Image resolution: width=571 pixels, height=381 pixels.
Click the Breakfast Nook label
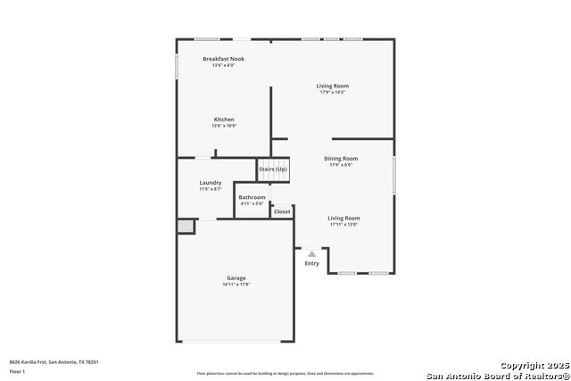click(223, 59)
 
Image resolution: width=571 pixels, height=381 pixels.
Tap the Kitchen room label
click(223, 120)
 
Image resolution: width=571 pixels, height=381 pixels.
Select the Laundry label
click(211, 183)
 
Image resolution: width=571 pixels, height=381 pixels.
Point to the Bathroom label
click(252, 197)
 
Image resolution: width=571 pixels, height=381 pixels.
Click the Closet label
click(282, 211)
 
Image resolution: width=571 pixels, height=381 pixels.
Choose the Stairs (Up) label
click(273, 170)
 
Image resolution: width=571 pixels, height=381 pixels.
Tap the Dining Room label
click(342, 159)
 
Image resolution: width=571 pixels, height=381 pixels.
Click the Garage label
click(236, 278)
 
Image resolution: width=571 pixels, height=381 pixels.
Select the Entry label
click(312, 263)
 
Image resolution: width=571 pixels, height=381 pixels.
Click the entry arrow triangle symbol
click(312, 254)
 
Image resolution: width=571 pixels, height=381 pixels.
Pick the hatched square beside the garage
click(185, 227)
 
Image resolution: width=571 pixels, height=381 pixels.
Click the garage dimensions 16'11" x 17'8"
click(236, 285)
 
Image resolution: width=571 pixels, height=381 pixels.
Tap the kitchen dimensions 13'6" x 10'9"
click(223, 126)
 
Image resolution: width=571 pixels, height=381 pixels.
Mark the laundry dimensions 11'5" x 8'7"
click(211, 189)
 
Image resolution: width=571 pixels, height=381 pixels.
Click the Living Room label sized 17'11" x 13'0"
click(343, 218)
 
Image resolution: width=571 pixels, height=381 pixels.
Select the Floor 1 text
click(18, 370)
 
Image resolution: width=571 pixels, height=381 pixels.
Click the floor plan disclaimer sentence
click(285, 374)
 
